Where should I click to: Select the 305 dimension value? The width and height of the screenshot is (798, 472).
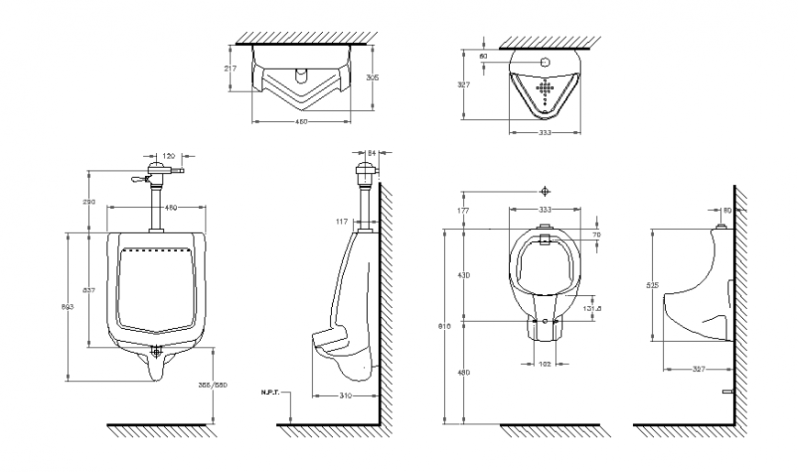click(x=372, y=78)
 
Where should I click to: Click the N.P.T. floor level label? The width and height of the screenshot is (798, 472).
click(x=272, y=391)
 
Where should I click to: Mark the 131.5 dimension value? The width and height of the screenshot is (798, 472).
click(x=593, y=309)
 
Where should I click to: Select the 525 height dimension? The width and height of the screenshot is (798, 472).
click(x=651, y=285)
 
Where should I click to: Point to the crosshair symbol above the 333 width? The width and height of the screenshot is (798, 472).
click(x=546, y=191)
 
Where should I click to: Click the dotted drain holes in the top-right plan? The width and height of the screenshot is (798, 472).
click(x=545, y=90)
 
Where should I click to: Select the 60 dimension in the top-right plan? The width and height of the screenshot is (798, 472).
click(x=483, y=57)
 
